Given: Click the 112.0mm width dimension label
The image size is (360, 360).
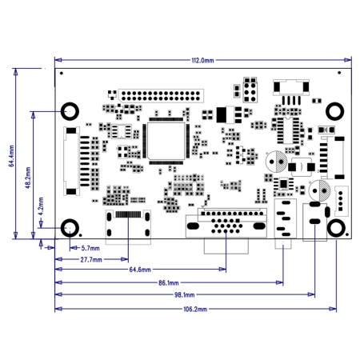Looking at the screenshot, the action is [x=202, y=61].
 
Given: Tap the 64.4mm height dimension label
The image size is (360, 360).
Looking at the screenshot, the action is [x=12, y=156].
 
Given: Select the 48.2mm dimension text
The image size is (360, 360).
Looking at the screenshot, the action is [x=28, y=178].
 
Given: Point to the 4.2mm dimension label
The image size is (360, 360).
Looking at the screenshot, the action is [x=41, y=206].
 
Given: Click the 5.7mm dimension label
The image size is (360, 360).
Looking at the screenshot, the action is [x=90, y=248].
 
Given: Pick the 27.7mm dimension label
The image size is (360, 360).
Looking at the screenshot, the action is [x=91, y=259].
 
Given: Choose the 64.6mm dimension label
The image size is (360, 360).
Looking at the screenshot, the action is [x=140, y=270].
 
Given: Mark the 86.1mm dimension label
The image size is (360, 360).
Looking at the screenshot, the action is [x=169, y=282].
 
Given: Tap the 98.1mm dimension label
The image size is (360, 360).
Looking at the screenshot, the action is [x=185, y=294].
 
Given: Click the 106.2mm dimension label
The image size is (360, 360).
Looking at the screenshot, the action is [x=195, y=309].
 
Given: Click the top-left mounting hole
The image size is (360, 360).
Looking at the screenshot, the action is [x=70, y=106].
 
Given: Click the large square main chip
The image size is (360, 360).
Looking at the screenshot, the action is [x=166, y=141].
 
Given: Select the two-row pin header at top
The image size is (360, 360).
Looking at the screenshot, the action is [x=161, y=96].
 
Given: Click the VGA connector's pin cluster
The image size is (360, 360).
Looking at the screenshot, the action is [x=226, y=226].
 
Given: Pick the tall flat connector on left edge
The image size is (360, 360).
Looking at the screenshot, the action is [x=71, y=161].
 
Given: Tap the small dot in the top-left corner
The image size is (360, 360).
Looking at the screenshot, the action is [x=62, y=73].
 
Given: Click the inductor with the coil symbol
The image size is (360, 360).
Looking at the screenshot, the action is [x=302, y=167].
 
